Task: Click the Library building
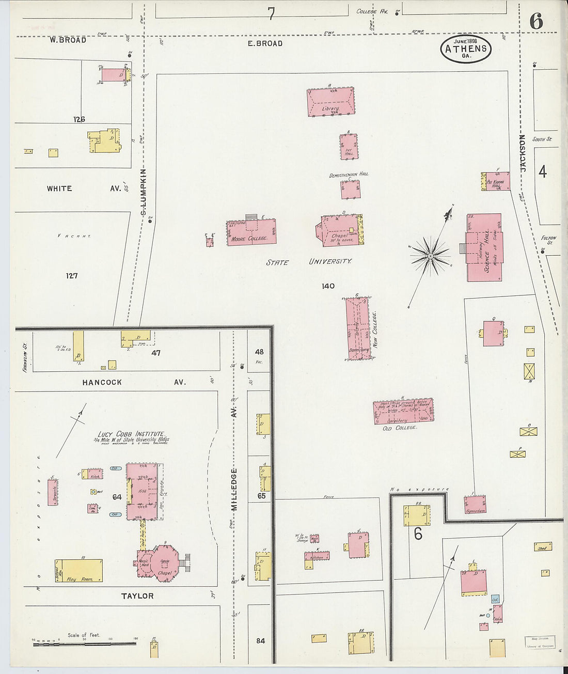point(330,102)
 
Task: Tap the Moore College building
point(251,232)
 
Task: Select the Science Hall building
point(484,248)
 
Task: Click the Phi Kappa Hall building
point(496,182)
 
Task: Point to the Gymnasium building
point(475,505)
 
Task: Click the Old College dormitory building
point(403,412)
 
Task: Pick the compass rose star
point(430,255)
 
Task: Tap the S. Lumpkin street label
point(144,192)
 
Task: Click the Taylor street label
point(137,596)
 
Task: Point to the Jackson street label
point(523,153)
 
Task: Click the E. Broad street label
point(265,43)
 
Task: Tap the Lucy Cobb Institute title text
point(132,434)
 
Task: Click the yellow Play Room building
point(79,570)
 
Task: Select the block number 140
point(328,286)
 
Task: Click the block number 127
point(72,276)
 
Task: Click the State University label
point(309,262)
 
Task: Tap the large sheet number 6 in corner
point(536,22)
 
